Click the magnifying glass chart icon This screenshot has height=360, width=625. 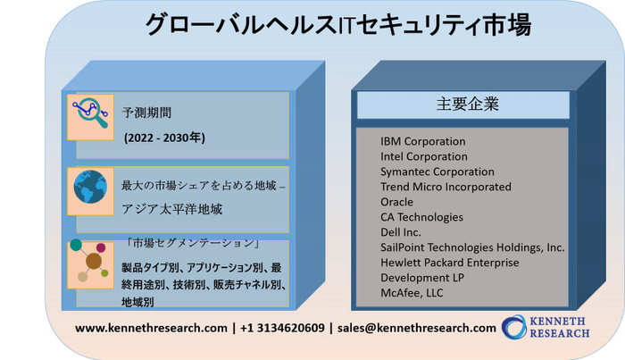(90, 113)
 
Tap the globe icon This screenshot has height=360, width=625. (90, 187)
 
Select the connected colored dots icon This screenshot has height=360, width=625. (89, 260)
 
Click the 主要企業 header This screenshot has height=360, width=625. (467, 104)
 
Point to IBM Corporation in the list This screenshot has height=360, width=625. (423, 141)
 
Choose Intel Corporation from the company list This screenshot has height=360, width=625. (424, 156)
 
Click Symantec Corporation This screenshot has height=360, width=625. (437, 172)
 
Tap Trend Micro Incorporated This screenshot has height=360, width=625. (446, 187)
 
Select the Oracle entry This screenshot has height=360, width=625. (396, 202)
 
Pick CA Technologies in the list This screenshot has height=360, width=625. (421, 217)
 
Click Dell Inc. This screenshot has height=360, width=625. (401, 232)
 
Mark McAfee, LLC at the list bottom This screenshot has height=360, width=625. (412, 293)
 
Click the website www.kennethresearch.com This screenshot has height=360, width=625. (151, 328)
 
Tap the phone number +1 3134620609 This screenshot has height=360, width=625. (282, 328)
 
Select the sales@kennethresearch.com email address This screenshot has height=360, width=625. (417, 328)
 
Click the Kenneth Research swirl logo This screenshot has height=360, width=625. (514, 327)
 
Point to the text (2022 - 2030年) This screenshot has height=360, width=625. (164, 138)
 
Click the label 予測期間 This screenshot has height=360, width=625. (146, 113)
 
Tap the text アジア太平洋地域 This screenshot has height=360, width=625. (171, 209)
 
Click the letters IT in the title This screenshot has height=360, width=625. (346, 26)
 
